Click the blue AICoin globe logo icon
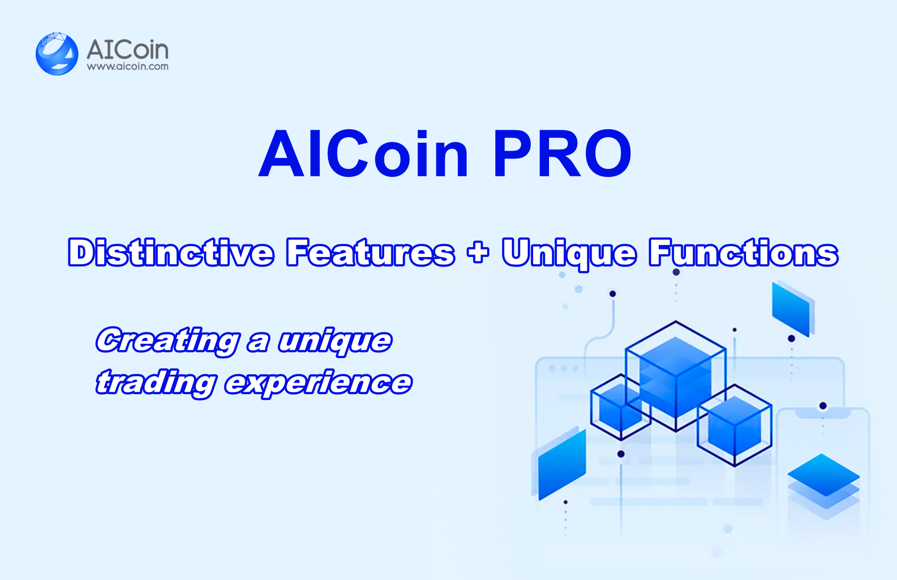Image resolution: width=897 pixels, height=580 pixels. [x=57, y=54]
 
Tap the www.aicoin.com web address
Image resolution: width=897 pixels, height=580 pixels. [x=128, y=67]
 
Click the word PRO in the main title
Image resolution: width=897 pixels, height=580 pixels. [x=562, y=154]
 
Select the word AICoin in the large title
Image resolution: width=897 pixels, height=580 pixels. [x=363, y=154]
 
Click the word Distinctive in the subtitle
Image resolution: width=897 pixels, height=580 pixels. [x=171, y=252]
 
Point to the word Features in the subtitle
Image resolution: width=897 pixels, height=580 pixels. [x=370, y=252]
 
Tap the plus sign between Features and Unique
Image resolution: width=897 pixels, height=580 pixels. [x=478, y=252]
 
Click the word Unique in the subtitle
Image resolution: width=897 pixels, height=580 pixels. [x=569, y=254]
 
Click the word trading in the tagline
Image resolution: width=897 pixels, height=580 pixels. [x=156, y=383]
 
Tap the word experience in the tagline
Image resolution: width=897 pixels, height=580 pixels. [x=318, y=383]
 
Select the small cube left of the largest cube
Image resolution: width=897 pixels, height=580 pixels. [x=621, y=407]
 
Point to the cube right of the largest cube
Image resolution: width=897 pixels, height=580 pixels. [x=735, y=425]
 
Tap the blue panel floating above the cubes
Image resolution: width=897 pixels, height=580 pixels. [x=793, y=309]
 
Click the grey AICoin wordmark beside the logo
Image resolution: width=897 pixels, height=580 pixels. [x=128, y=50]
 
